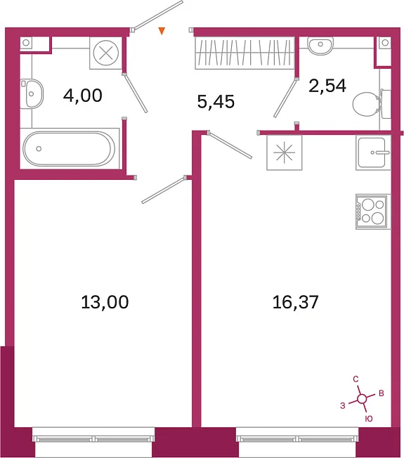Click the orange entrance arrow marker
coord(162,31)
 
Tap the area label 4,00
coord(83,96)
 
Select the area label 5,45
coord(216,102)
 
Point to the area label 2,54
coord(327,86)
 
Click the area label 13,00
coord(105,302)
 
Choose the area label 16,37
coord(295,302)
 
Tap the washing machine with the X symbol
coord(106,53)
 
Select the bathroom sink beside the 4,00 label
coord(32,93)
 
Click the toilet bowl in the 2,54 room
coord(366,104)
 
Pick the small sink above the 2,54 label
coord(320,46)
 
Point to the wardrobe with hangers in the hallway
coord(245,53)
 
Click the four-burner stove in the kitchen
coord(373,211)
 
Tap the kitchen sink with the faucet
coord(373,152)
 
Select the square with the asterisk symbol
coord(285,152)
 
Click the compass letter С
coord(356,379)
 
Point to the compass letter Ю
coord(369,419)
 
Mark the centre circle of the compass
coord(363,398)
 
